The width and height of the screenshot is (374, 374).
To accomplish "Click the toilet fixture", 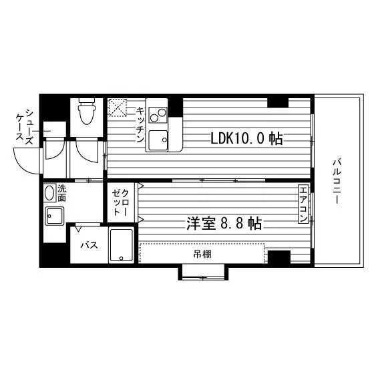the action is tap(87, 111).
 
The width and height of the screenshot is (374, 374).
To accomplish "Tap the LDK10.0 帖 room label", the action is tap(246, 139).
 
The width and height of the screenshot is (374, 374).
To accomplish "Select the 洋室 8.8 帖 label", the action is tap(224, 224).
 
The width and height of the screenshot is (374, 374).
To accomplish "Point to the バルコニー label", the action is tap(337, 182).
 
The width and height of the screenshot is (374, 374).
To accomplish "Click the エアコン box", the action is tap(303, 205).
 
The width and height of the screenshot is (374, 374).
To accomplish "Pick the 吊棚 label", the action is tap(202, 254).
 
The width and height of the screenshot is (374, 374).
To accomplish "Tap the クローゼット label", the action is tap(121, 202).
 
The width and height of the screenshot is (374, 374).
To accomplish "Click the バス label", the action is tap(89, 245).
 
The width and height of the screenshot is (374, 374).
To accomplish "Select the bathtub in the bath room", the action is tap(121, 245).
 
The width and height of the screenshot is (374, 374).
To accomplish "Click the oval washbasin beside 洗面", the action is tap(49, 193).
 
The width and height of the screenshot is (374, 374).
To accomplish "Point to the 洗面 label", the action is tap(61, 194).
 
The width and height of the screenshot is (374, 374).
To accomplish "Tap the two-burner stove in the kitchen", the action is tap(158, 115).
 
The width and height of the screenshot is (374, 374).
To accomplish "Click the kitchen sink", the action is tap(158, 140).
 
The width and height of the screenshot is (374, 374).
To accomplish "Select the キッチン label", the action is tap(140, 124).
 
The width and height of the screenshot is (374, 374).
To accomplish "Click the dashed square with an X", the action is tap(118, 108).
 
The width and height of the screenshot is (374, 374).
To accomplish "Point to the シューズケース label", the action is tap(25, 127).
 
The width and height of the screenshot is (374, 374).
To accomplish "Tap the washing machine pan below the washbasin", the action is tap(55, 216).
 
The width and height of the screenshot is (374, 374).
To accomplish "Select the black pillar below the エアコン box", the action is tap(279, 257).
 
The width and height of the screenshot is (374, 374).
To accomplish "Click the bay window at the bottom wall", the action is tap(203, 272).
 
